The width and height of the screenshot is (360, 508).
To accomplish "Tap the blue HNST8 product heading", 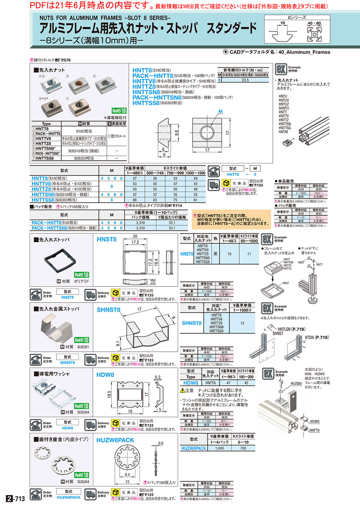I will click(107, 239).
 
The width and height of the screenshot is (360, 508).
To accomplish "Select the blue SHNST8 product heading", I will click(108, 309).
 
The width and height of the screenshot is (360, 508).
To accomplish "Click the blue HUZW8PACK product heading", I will click(115, 440).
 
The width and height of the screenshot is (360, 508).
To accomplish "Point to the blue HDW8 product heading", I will click(106, 375).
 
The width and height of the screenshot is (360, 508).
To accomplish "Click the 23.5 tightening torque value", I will click(246, 80).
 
